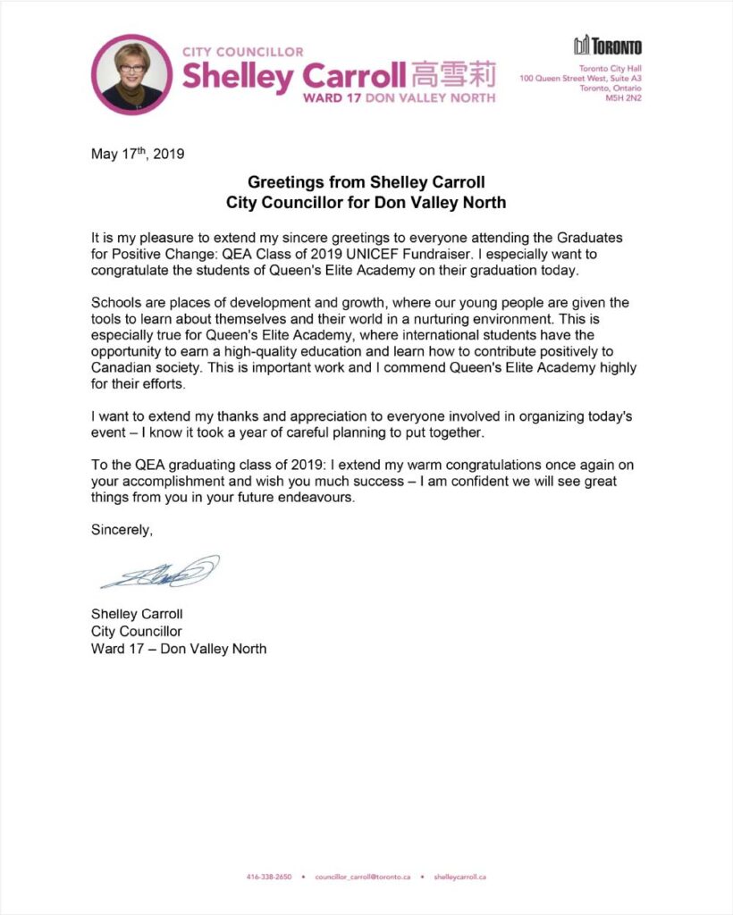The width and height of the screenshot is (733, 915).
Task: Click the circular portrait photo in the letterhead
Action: (x=131, y=74)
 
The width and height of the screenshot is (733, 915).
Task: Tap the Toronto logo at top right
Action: (x=608, y=46)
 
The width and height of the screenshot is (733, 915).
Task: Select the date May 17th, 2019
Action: (x=138, y=154)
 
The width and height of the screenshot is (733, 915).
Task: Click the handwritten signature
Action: (x=161, y=573)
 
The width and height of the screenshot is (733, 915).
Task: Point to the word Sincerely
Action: (x=122, y=530)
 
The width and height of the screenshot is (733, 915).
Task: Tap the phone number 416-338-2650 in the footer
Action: (x=269, y=877)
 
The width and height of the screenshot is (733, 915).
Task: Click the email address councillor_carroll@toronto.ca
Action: (x=362, y=877)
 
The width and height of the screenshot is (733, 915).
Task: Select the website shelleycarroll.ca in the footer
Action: (x=459, y=877)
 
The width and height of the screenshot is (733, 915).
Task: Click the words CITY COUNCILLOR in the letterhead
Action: (x=243, y=53)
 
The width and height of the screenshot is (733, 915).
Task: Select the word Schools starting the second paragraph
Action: (x=117, y=303)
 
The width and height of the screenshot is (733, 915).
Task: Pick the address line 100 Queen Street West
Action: (x=581, y=79)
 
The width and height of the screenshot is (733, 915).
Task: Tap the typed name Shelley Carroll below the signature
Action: (x=137, y=615)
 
